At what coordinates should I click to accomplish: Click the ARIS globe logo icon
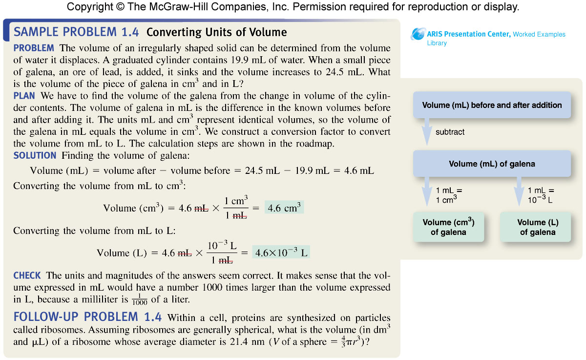(419, 34)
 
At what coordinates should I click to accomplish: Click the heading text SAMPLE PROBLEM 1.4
(77, 32)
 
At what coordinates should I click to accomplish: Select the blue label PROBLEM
(34, 48)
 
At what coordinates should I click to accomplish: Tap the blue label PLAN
(24, 96)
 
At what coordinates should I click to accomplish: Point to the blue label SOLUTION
(35, 155)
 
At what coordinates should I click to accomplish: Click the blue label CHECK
(27, 275)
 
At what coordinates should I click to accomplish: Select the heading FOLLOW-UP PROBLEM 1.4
(87, 317)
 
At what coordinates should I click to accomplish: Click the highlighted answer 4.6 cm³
(284, 208)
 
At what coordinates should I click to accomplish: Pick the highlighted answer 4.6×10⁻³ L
(281, 253)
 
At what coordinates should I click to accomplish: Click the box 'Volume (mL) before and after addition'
(492, 105)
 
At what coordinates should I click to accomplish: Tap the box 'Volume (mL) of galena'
(492, 164)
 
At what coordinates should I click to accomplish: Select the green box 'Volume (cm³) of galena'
(448, 227)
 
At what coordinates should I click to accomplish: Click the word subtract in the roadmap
(450, 132)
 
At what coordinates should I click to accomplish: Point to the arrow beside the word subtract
(426, 132)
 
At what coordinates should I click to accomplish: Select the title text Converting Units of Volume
(217, 33)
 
